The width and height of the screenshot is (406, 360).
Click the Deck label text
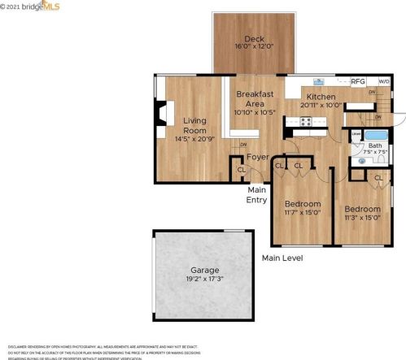click(x=254, y=39)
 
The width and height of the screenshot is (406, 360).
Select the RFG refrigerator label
click(x=358, y=81)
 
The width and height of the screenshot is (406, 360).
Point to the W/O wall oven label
click(x=383, y=81)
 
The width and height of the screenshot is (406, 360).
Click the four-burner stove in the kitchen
click(x=307, y=121)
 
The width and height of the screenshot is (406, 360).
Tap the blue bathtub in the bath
click(x=377, y=136)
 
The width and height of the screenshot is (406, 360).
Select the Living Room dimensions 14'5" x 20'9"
click(x=194, y=139)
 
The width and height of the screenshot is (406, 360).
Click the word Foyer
click(x=258, y=157)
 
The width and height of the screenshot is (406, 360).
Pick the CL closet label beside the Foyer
click(x=241, y=169)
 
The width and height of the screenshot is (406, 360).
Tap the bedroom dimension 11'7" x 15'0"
click(x=302, y=213)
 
